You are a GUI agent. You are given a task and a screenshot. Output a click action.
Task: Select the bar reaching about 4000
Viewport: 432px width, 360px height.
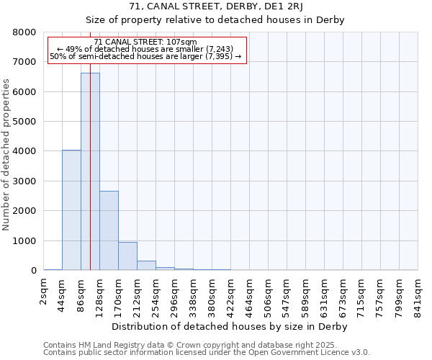pyautogui.click(x=71, y=210)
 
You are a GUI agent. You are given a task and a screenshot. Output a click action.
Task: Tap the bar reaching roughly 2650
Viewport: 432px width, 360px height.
pyautogui.click(x=109, y=230)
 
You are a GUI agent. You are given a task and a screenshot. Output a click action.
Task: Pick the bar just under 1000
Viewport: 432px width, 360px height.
pyautogui.click(x=127, y=256)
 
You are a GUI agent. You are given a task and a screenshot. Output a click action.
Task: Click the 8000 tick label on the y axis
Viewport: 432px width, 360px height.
pyautogui.click(x=24, y=32)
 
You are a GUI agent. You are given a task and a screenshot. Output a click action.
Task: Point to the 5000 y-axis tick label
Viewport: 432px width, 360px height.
pyautogui.click(x=24, y=122)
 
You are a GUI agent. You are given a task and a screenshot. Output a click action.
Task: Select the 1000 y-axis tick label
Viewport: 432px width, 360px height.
pyautogui.click(x=24, y=240)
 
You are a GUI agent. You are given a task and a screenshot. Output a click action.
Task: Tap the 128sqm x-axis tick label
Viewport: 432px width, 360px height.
pyautogui.click(x=99, y=292)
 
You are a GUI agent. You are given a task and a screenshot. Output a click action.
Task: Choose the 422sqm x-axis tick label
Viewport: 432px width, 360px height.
pyautogui.click(x=230, y=292)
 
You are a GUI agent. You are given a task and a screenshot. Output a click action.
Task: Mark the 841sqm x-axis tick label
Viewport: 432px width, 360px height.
pyautogui.click(x=418, y=292)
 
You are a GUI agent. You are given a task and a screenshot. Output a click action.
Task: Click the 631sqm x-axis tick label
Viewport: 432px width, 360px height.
pyautogui.click(x=324, y=292)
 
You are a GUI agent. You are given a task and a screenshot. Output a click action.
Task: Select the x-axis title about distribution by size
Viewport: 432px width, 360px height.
pyautogui.click(x=230, y=326)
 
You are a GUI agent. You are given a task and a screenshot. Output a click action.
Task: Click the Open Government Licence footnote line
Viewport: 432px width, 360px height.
pyautogui.click(x=207, y=352)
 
